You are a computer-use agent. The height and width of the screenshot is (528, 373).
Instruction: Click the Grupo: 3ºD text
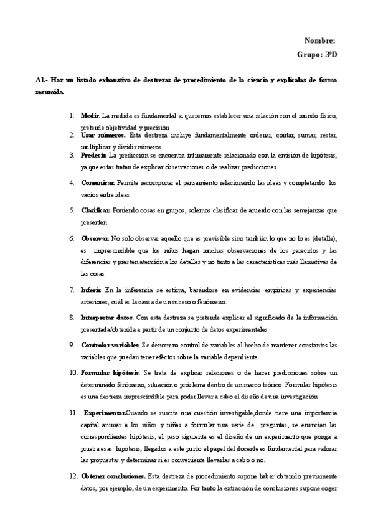pos(317,55)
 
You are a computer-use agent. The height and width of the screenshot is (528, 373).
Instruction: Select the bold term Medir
pos(90,116)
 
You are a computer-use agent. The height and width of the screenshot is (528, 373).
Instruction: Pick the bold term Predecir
pos(94,154)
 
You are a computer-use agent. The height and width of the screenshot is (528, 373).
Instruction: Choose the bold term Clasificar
pos(97,210)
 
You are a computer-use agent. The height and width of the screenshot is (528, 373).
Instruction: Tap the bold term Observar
pos(95,238)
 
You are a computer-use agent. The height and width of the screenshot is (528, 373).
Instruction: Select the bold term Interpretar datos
pos(107,318)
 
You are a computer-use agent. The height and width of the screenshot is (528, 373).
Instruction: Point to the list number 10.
pos(73,372)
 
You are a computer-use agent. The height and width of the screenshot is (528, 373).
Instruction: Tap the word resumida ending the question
pos(50,92)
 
